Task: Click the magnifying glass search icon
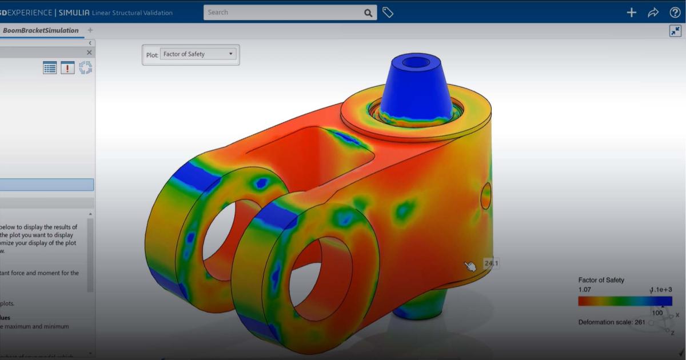click(x=368, y=13)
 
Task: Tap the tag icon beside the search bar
click(x=388, y=13)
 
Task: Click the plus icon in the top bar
click(x=631, y=13)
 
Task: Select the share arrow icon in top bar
click(x=653, y=13)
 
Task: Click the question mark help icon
click(x=675, y=13)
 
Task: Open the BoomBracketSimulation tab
click(x=40, y=30)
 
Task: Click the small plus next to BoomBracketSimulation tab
click(x=90, y=30)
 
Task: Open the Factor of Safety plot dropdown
click(x=198, y=54)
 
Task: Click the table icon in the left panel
click(x=50, y=68)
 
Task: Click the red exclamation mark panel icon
click(x=67, y=68)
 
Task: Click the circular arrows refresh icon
click(x=85, y=68)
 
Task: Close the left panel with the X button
click(x=89, y=53)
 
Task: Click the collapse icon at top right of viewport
click(x=675, y=31)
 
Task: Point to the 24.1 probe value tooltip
click(x=491, y=263)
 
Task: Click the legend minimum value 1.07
click(x=585, y=290)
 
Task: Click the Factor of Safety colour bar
click(x=624, y=301)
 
